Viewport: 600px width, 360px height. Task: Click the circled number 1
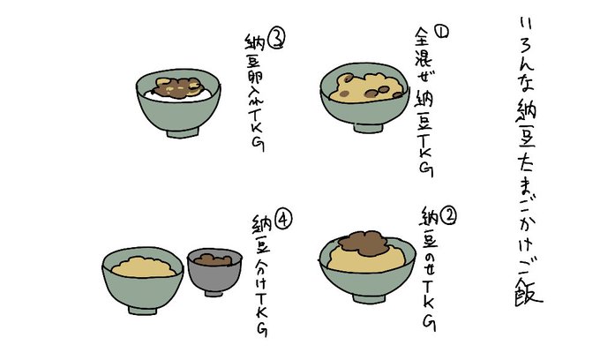coord(441,32)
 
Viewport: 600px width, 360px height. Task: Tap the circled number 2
coord(448,216)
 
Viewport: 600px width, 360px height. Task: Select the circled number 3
coord(276,40)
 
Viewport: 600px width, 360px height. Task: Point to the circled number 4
coord(283,221)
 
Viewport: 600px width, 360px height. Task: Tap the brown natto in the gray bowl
coord(213,259)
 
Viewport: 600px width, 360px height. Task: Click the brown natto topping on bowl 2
coord(364,244)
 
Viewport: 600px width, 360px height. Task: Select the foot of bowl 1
coord(368,128)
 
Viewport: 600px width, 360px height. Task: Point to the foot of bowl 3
coord(183,132)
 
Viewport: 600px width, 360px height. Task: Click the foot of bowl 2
coord(369,298)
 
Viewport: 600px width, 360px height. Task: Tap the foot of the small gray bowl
coord(214,294)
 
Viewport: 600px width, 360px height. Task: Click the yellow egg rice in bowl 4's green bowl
coord(144,267)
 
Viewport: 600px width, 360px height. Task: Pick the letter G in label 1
coord(426,169)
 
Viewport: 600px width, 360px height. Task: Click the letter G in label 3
coord(259,144)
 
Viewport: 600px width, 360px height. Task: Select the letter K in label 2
coord(428,303)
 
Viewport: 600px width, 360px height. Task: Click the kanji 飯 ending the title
coord(528,291)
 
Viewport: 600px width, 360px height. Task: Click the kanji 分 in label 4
coord(261,264)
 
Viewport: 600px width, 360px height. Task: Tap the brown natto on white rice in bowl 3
coord(177,88)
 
